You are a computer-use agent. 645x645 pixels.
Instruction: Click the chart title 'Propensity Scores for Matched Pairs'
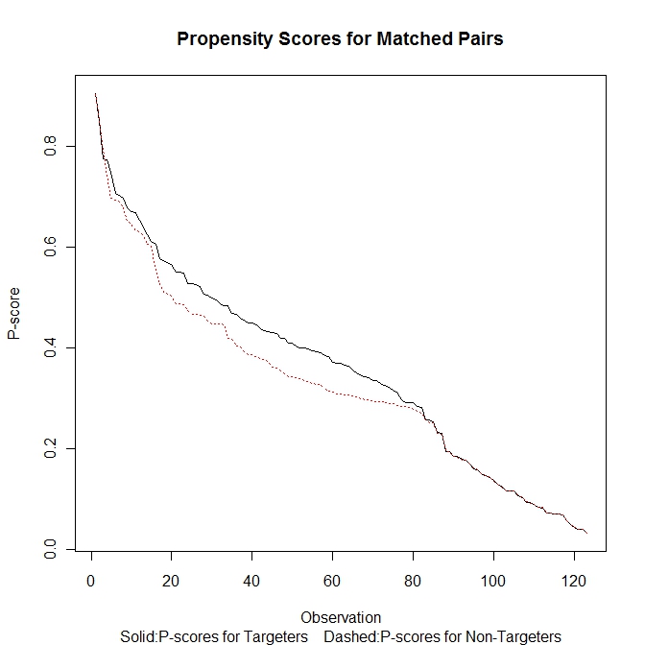coord(340,39)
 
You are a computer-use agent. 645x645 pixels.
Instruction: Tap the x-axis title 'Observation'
coord(341,617)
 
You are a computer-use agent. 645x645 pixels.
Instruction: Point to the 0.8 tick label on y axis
coord(50,147)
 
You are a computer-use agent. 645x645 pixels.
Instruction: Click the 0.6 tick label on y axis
coord(50,248)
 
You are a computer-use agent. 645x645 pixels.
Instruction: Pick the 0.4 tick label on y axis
coord(50,347)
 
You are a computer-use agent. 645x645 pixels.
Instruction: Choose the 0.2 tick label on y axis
coord(50,448)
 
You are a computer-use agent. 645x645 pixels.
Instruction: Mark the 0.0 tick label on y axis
coord(50,548)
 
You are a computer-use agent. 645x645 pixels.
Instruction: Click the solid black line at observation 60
coord(332,361)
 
